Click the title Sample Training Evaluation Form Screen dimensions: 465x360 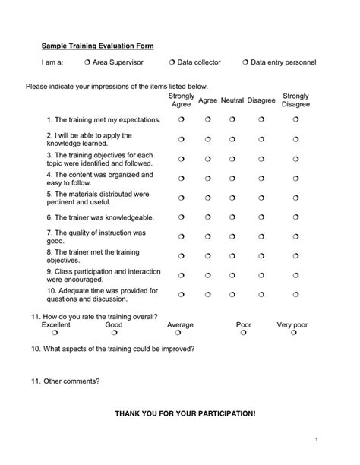[x=97, y=46]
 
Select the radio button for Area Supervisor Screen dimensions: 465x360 [x=87, y=62]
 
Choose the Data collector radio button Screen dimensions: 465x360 [x=171, y=62]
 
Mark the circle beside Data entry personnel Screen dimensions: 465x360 [x=245, y=62]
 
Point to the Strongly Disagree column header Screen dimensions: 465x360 [x=295, y=100]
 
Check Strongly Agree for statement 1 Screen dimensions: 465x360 [x=182, y=120]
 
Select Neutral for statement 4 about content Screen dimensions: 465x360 [x=232, y=179]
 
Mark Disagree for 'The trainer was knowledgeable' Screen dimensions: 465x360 [x=261, y=217]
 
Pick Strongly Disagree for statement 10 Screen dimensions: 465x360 [x=296, y=294]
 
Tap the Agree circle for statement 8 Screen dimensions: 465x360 [x=207, y=256]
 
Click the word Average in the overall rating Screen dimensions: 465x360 [x=180, y=324]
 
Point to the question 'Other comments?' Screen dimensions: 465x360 [x=65, y=381]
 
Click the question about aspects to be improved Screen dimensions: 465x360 [x=112, y=349]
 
